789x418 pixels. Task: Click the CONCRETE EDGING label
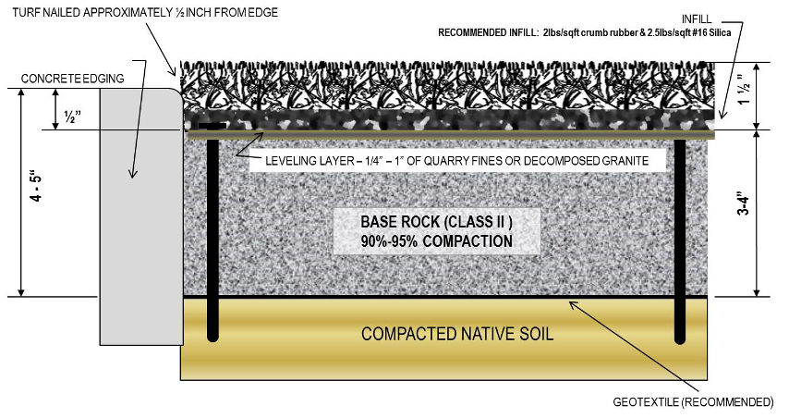click(72, 79)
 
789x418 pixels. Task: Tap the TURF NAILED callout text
click(145, 13)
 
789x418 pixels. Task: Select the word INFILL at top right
click(697, 19)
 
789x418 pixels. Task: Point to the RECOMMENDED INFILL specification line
click(584, 32)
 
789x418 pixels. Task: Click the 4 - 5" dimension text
click(37, 190)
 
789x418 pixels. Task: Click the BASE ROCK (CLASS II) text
click(437, 222)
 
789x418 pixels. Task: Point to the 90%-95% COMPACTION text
click(437, 241)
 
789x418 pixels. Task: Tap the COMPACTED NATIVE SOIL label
click(457, 334)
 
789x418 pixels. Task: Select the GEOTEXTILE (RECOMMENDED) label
click(693, 402)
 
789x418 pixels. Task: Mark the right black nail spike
click(680, 240)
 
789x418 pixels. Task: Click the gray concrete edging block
click(140, 216)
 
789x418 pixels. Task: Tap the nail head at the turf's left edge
click(212, 125)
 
